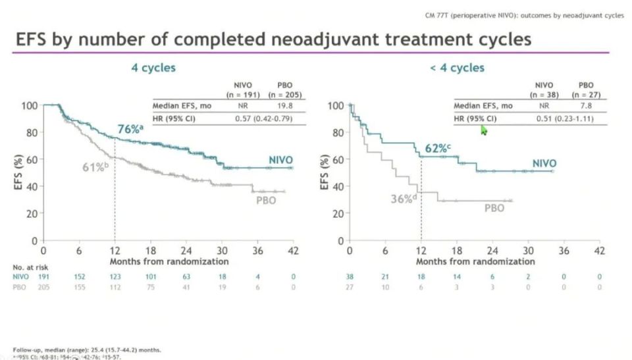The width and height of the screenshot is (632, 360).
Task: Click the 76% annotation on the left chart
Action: pyautogui.click(x=129, y=130)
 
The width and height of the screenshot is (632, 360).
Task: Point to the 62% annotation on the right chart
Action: pyautogui.click(x=436, y=149)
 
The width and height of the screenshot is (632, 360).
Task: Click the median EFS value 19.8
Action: pyautogui.click(x=284, y=105)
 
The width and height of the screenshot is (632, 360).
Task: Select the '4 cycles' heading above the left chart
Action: pyautogui.click(x=153, y=68)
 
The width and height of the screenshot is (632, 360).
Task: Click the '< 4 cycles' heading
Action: pyautogui.click(x=457, y=68)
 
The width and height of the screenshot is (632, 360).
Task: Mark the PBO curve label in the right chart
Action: pyautogui.click(x=494, y=208)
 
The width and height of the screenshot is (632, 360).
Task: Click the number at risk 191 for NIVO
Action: pyautogui.click(x=43, y=278)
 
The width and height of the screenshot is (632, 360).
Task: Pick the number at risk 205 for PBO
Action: pyautogui.click(x=43, y=288)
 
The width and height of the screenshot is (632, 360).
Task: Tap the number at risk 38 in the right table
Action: pyautogui.click(x=350, y=278)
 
